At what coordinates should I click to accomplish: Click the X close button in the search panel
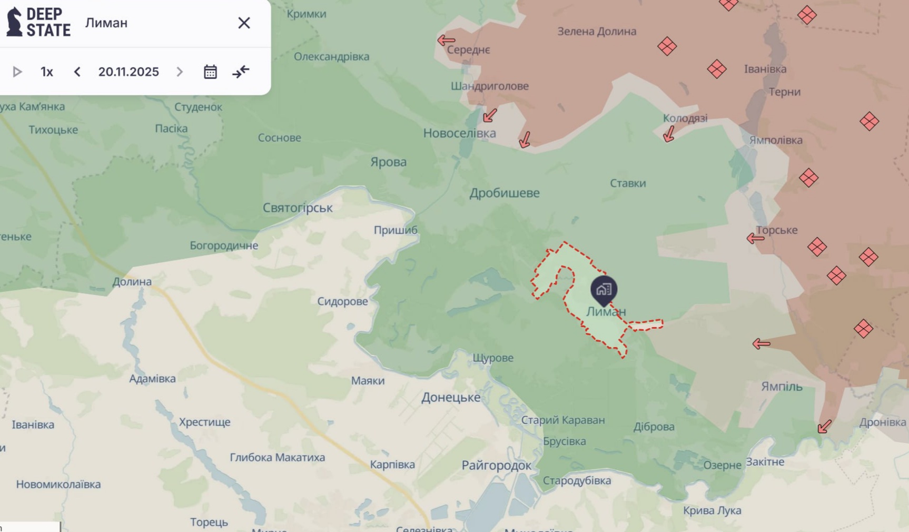[x=244, y=23]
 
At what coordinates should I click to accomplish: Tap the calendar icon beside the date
[x=210, y=72]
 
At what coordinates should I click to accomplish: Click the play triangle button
[x=17, y=72]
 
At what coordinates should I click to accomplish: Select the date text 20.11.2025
[x=129, y=72]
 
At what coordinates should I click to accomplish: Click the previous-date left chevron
[x=77, y=72]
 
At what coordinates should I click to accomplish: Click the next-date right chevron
[x=180, y=72]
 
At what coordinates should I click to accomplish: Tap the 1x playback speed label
[x=47, y=72]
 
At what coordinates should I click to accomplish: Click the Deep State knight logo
[x=14, y=22]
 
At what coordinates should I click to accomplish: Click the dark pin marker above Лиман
[x=604, y=289]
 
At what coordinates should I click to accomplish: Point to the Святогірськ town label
[x=298, y=208]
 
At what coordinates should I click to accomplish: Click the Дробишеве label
[x=505, y=193]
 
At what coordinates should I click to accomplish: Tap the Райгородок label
[x=496, y=465]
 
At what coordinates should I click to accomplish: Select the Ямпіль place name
[x=782, y=387]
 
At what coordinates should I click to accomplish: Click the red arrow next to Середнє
[x=446, y=40]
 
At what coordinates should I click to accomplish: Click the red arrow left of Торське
[x=755, y=239]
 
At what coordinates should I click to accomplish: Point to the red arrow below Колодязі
[x=669, y=134]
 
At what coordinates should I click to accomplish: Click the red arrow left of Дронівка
[x=824, y=426]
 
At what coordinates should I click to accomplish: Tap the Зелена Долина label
[x=597, y=32]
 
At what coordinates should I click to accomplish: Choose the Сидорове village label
[x=342, y=301]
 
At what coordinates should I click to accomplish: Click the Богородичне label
[x=224, y=245]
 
